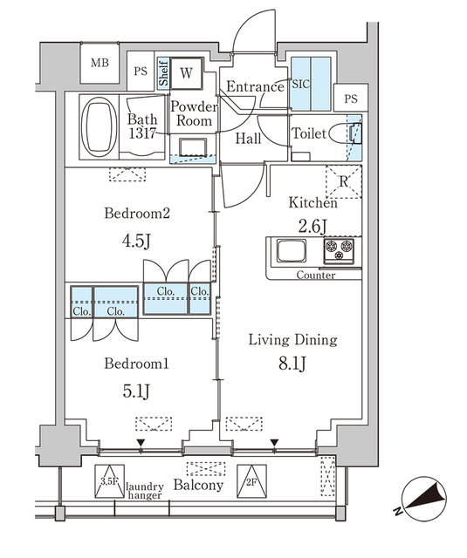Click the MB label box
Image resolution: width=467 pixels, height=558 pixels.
point(100,63)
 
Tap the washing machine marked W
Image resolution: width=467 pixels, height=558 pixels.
point(186,73)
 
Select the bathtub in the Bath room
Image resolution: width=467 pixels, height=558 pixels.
point(99,127)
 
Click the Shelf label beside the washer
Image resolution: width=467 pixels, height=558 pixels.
point(163,73)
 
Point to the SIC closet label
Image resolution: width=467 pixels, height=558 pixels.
point(301,85)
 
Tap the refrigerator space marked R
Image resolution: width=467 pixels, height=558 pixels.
point(344,182)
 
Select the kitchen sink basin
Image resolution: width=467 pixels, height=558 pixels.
point(292,250)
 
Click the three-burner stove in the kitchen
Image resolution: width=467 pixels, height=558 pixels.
point(339,251)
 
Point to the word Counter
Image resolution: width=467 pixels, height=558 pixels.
point(316,276)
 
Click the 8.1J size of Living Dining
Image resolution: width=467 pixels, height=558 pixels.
point(292,364)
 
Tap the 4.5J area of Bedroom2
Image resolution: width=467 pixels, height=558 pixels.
point(136,241)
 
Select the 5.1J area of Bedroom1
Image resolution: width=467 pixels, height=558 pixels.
point(136,391)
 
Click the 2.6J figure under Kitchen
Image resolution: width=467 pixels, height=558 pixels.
point(312,227)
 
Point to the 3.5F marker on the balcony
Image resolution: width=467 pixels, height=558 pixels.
point(109,481)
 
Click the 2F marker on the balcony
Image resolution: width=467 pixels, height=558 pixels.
point(251,481)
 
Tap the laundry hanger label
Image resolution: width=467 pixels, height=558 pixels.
point(145,491)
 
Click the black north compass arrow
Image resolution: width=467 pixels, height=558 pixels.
point(425,498)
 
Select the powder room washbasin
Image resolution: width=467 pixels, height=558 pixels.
point(193,147)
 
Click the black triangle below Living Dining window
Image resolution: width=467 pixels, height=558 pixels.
point(274,443)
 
